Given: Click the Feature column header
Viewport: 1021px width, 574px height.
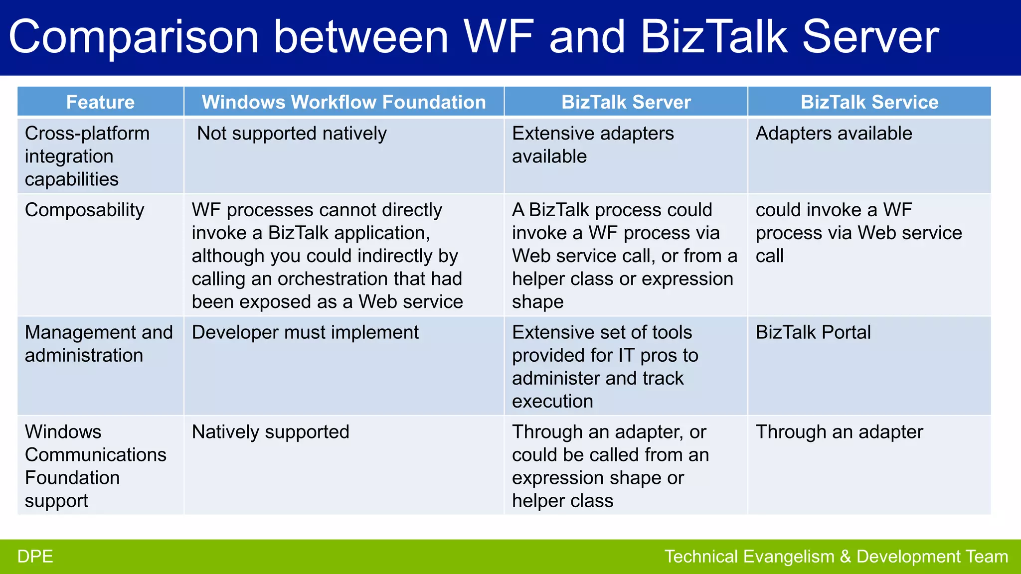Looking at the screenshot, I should [100, 102].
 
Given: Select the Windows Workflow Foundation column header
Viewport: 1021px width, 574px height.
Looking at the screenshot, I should [343, 102].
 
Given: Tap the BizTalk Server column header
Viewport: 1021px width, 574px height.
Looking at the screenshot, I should [626, 102].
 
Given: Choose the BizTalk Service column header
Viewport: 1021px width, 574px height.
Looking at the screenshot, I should [869, 102].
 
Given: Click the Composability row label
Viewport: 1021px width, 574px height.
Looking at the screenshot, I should [84, 210].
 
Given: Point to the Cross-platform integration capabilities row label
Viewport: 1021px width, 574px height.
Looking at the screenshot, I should [87, 156].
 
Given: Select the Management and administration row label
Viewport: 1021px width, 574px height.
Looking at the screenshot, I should [99, 344].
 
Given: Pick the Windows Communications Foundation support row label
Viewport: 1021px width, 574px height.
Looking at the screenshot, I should [95, 466].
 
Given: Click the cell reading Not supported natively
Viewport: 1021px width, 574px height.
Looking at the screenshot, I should [292, 134].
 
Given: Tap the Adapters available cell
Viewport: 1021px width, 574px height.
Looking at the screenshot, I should [834, 134].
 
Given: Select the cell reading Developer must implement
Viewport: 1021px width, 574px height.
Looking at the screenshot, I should [305, 332].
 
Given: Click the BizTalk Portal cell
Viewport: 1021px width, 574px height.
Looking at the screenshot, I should [813, 332].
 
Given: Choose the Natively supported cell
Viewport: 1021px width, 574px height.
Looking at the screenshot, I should [270, 432].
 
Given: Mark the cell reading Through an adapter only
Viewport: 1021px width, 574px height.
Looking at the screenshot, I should [839, 432].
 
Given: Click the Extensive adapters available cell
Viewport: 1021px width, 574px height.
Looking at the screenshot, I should [592, 144].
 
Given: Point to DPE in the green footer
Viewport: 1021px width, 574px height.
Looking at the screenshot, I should [35, 557].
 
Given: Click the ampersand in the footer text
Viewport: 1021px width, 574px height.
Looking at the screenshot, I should [845, 557].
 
